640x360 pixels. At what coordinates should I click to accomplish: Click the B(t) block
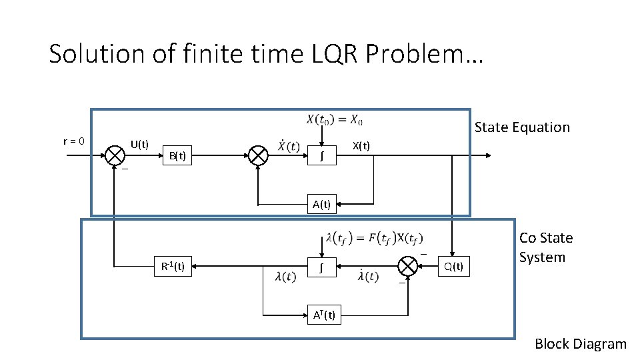[177, 156]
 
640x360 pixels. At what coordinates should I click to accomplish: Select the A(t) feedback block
[321, 204]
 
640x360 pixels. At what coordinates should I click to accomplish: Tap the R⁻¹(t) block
[173, 267]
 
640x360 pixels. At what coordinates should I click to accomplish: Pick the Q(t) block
[453, 267]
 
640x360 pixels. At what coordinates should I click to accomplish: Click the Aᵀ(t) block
[323, 315]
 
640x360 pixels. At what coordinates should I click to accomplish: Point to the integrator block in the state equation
[321, 156]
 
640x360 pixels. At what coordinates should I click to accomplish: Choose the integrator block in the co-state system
[321, 267]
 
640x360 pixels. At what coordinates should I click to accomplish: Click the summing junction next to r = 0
[115, 155]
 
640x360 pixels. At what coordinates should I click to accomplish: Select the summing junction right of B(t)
[258, 155]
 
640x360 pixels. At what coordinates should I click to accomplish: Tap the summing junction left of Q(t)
[407, 267]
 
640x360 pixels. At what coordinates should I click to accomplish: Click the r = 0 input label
[73, 141]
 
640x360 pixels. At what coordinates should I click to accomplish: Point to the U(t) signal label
[139, 144]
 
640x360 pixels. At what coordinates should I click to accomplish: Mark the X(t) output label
[361, 146]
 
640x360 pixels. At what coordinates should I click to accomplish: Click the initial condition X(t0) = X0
[335, 120]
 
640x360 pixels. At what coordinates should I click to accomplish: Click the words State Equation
[522, 127]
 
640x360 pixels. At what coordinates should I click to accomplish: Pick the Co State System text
[545, 248]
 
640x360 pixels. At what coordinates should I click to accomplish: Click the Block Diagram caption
[580, 344]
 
